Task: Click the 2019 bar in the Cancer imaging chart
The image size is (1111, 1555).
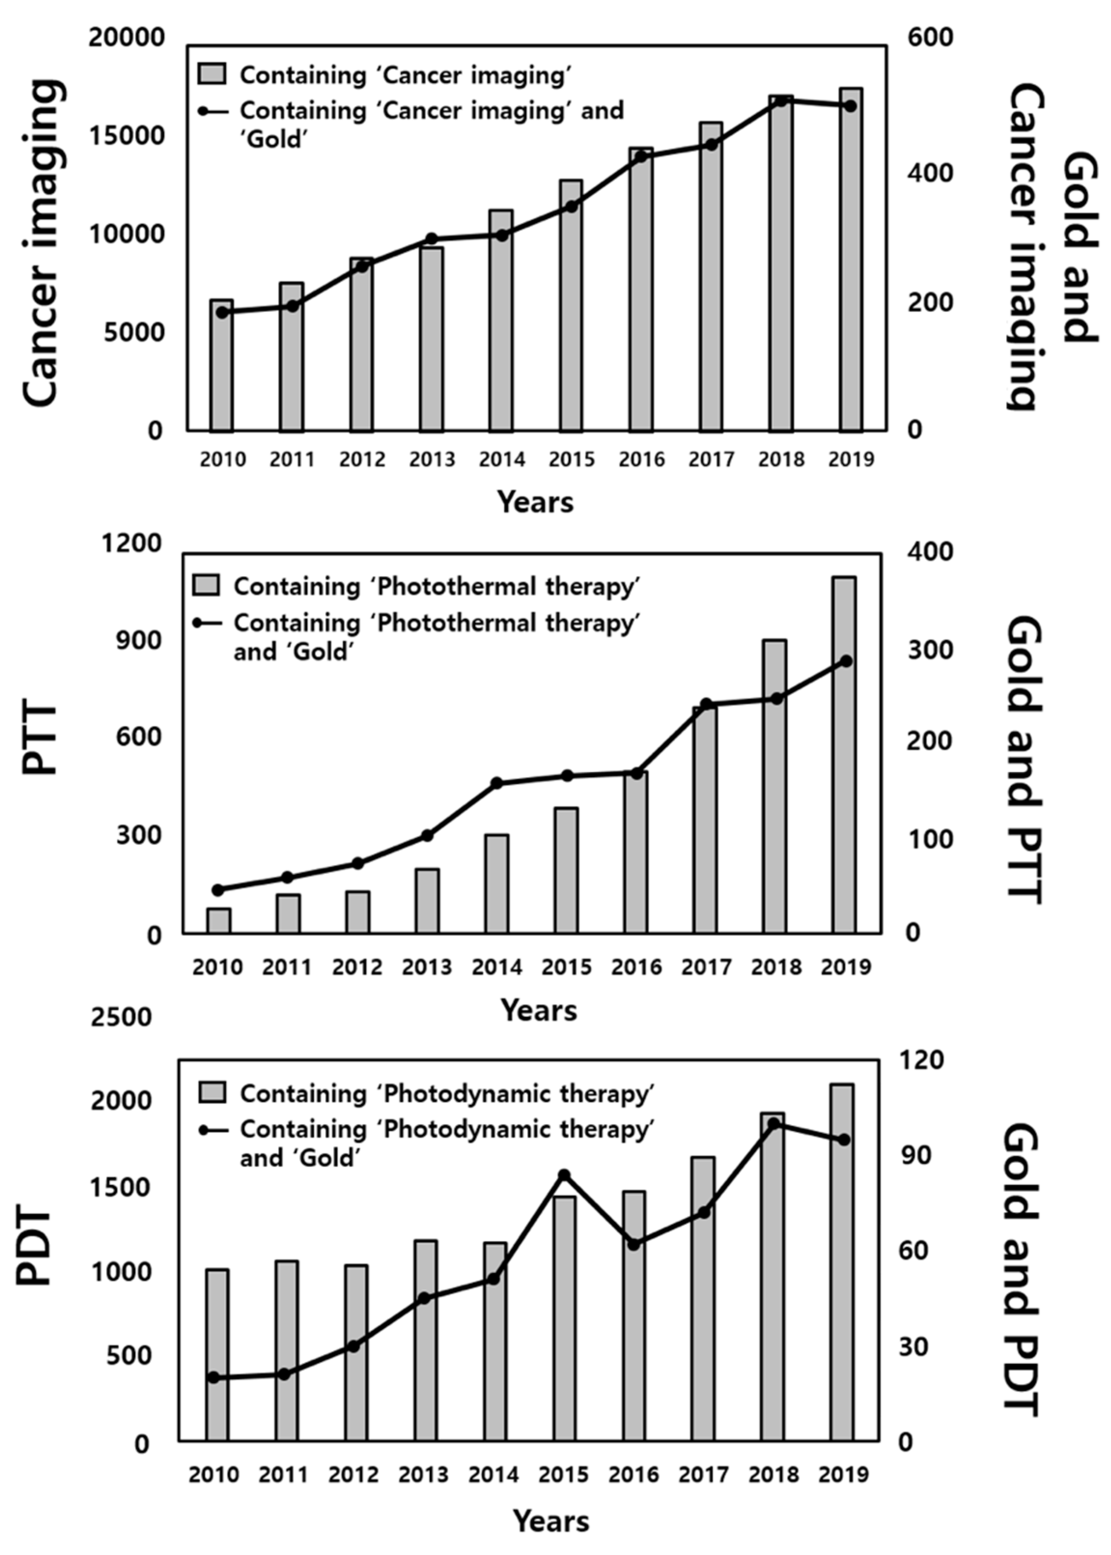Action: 850,260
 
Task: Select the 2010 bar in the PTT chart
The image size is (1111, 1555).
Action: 219,920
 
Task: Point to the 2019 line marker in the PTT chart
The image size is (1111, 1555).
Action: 846,661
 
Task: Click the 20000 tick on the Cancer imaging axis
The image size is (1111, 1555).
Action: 126,38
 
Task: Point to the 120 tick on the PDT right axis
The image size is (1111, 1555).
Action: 920,1060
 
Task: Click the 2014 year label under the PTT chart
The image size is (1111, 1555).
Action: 497,967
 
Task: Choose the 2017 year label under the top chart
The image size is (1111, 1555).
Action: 711,459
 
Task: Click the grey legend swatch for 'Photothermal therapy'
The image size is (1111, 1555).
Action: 206,586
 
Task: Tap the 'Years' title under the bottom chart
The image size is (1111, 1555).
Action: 551,1521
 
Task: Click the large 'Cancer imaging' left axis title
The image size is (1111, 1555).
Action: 42,243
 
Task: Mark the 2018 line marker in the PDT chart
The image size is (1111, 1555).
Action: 774,1123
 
